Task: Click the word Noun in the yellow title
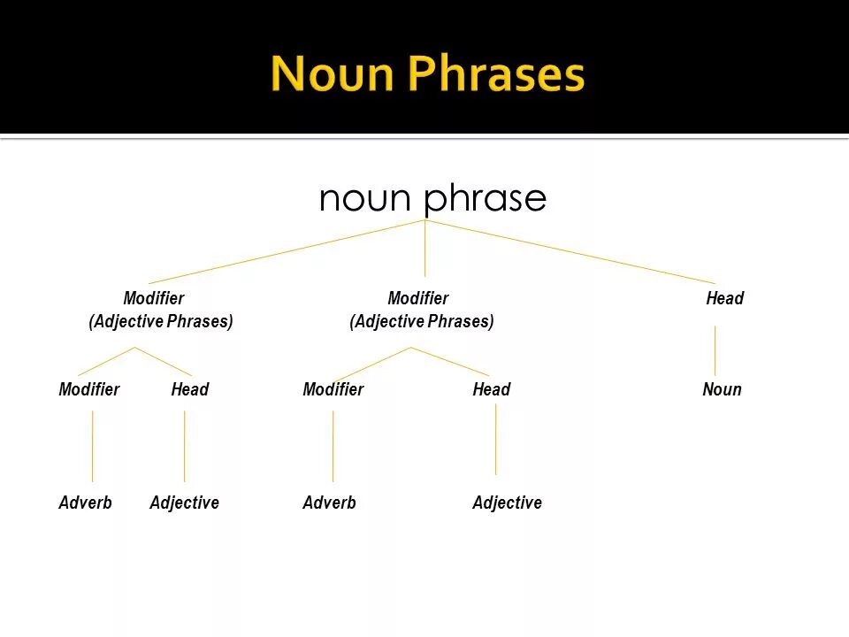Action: click(x=333, y=74)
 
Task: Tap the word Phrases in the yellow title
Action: click(x=497, y=74)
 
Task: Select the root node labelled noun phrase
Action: click(x=432, y=198)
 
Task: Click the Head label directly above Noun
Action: click(x=724, y=298)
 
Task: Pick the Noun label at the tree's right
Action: click(x=722, y=389)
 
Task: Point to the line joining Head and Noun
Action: click(x=715, y=350)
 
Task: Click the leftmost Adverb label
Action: click(x=85, y=503)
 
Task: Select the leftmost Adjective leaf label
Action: click(x=184, y=503)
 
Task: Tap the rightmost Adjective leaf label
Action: click(x=507, y=503)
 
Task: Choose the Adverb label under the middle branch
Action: click(x=329, y=503)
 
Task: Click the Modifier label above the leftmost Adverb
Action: click(x=88, y=389)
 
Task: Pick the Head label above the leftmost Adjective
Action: click(x=189, y=389)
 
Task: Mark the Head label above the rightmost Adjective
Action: click(x=491, y=389)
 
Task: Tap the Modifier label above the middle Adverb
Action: click(x=333, y=389)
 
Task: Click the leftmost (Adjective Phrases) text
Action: click(x=160, y=321)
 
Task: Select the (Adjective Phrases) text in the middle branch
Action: click(x=421, y=321)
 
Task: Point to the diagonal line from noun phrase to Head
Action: click(x=575, y=252)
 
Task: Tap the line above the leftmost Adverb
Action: click(x=93, y=446)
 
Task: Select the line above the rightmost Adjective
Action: click(x=495, y=440)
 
